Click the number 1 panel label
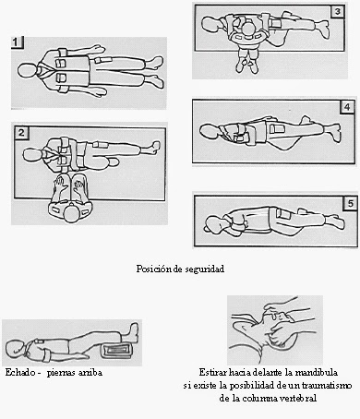point(17,42)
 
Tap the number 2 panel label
point(21,133)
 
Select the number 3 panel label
point(338,12)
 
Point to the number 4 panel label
point(347,107)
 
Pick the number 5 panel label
point(351,204)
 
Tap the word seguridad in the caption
point(205,269)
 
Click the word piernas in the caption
point(61,373)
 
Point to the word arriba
point(90,373)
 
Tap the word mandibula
point(316,373)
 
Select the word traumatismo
point(327,386)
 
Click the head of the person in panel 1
point(27,71)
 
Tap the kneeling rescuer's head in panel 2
point(72,214)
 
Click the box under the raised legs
point(117,351)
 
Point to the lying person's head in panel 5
point(213,224)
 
